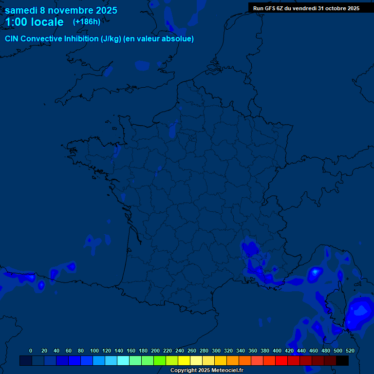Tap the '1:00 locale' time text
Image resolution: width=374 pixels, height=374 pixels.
coord(34,22)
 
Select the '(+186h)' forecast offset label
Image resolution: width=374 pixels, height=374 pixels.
coord(87,21)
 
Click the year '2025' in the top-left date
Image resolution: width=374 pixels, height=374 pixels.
coord(104,10)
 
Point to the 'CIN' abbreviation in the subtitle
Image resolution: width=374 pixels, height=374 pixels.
coord(12,39)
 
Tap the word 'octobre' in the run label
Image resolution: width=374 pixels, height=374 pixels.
coord(330,8)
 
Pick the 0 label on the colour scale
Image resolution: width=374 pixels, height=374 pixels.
coord(31,351)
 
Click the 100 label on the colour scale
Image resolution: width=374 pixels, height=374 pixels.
coord(94,351)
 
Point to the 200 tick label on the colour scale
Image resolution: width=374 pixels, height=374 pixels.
coord(155,351)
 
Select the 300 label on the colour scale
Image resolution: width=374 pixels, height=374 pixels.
coord(216,351)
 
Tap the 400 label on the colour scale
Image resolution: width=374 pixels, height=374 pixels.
coord(277,351)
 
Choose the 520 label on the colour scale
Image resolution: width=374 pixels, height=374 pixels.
coord(350,351)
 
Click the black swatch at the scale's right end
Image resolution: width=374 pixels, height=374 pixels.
coord(342,360)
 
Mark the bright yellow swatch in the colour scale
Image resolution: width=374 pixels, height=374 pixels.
coord(184,360)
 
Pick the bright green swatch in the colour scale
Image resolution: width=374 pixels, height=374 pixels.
coord(160,360)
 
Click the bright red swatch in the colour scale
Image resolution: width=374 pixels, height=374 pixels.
coord(281,360)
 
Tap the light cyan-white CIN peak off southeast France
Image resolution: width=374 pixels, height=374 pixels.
coord(316,272)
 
